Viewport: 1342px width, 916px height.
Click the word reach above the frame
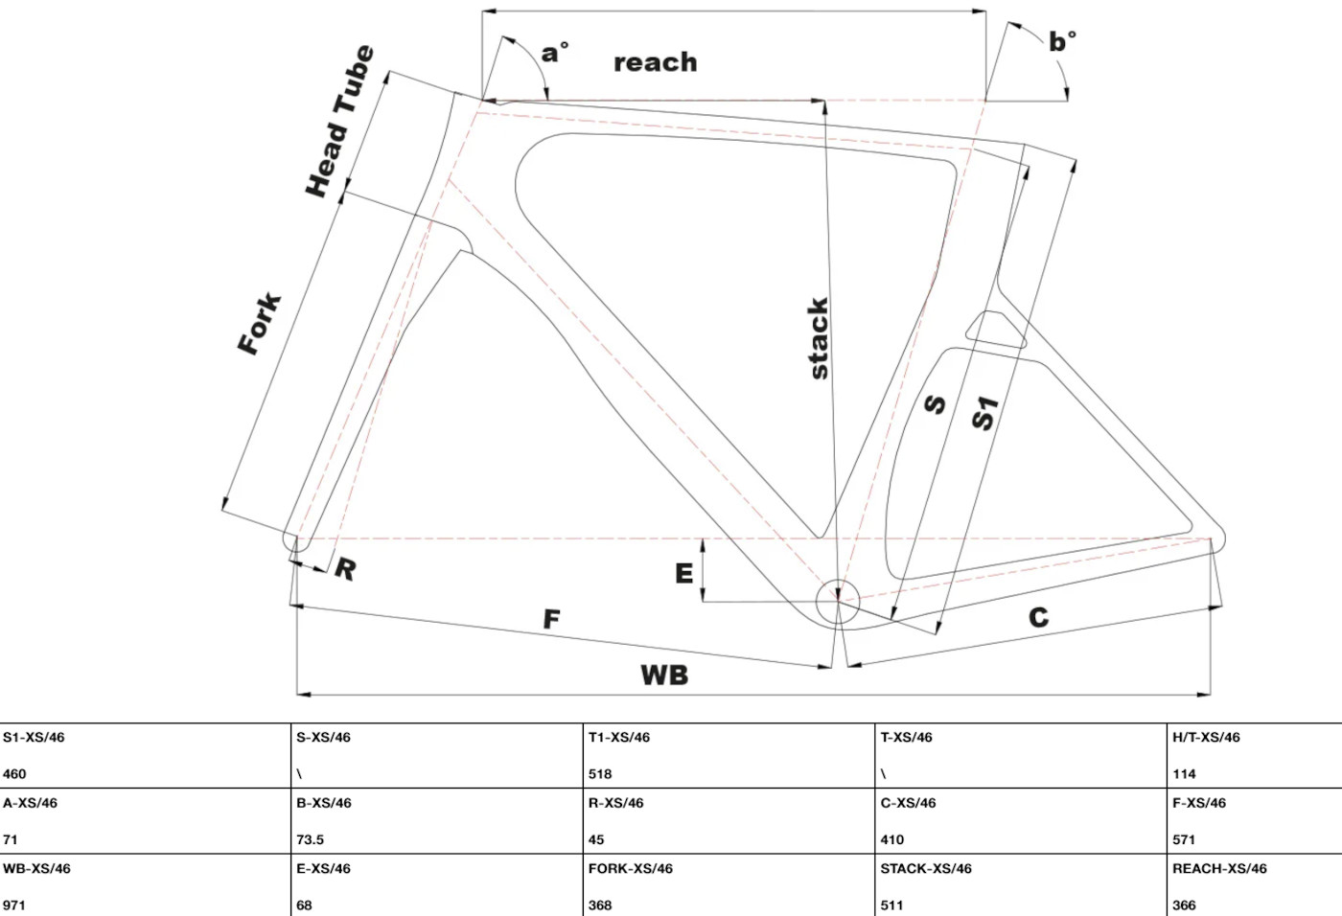coord(656,62)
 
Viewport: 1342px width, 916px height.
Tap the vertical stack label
coord(817,338)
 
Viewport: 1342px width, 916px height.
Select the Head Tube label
coord(338,122)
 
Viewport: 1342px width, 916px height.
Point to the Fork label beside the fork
coord(260,324)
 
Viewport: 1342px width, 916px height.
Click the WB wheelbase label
coord(664,676)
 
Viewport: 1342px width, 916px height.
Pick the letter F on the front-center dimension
coord(551,620)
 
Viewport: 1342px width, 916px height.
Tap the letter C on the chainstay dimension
coord(1038,618)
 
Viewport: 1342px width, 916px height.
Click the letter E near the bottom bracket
coord(683,573)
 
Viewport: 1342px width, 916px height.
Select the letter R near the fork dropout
coord(345,569)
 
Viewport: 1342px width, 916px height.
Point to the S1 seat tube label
coord(984,413)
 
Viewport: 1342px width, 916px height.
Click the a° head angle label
coord(555,53)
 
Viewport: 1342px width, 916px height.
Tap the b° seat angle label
coord(1062,42)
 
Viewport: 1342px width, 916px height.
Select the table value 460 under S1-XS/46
coord(14,774)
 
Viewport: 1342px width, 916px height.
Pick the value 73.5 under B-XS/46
coord(310,839)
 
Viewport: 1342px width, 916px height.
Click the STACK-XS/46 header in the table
coord(925,869)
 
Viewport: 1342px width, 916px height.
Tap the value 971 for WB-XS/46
coord(14,905)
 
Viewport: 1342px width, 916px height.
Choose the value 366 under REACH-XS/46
coord(1184,905)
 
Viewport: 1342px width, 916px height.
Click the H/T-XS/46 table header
coord(1205,738)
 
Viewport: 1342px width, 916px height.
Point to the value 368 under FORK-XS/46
coord(600,905)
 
